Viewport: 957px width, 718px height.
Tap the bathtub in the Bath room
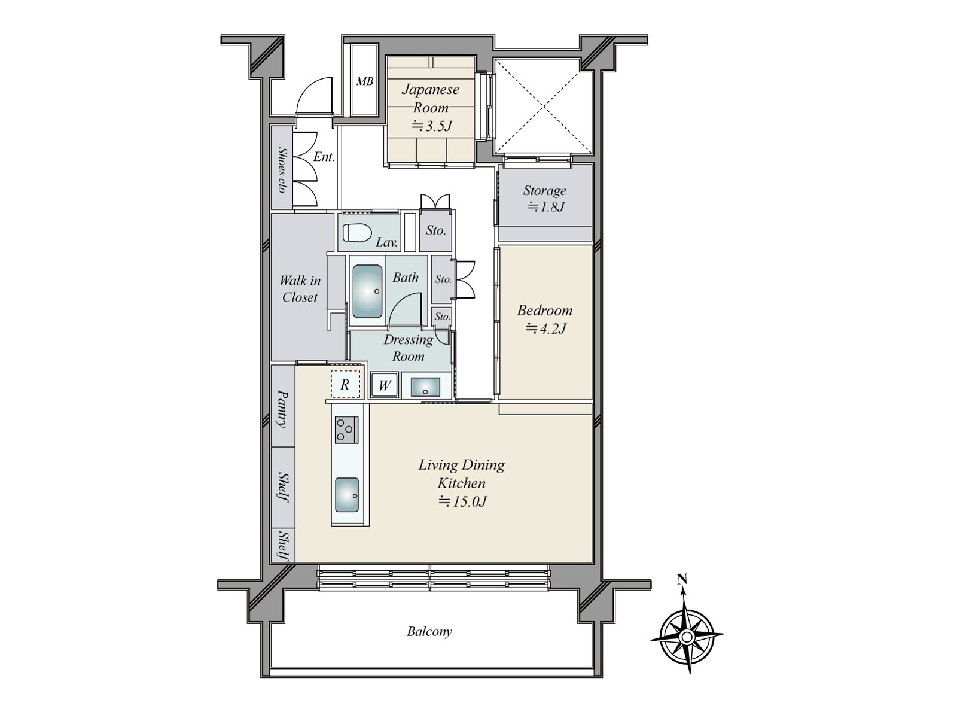click(367, 291)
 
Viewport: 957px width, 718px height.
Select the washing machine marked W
click(384, 385)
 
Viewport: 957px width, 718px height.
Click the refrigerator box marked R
click(345, 384)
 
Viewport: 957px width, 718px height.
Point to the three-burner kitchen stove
click(346, 430)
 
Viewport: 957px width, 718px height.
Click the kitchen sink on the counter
click(347, 495)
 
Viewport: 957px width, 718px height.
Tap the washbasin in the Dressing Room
click(425, 387)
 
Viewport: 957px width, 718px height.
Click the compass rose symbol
click(687, 637)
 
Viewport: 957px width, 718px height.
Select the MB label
click(364, 81)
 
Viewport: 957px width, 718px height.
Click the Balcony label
click(429, 631)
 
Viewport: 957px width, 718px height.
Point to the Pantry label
click(282, 409)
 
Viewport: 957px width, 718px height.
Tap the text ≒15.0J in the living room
click(462, 501)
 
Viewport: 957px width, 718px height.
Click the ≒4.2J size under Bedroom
click(545, 328)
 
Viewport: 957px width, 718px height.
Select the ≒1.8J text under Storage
click(545, 206)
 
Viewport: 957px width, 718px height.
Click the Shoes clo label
click(282, 170)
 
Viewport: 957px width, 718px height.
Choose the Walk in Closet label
click(300, 288)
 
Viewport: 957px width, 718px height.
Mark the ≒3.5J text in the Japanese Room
click(432, 126)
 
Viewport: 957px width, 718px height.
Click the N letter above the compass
click(682, 579)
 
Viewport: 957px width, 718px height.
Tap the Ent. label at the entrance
click(324, 157)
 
